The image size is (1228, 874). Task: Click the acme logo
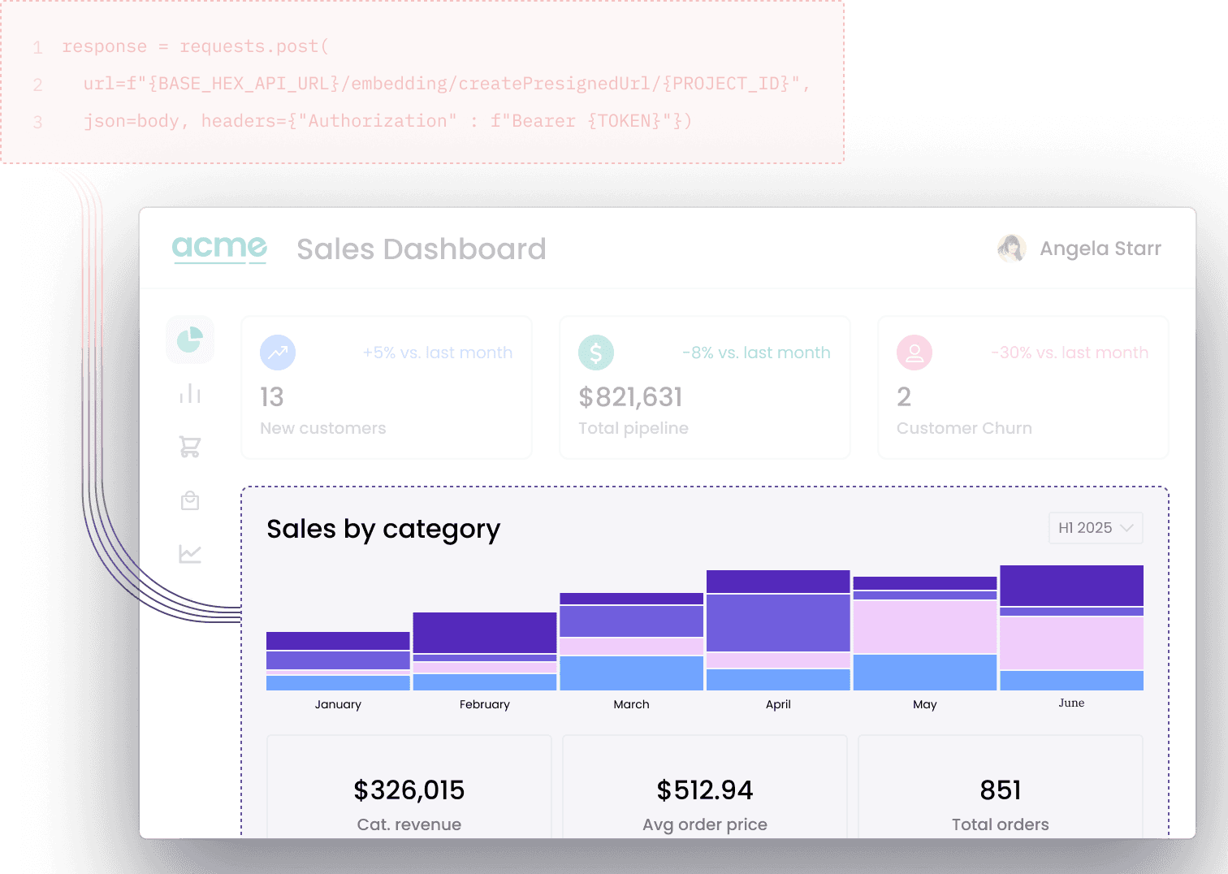pyautogui.click(x=219, y=247)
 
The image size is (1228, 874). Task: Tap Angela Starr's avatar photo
pyautogui.click(x=1011, y=249)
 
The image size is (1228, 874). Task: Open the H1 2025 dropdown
pyautogui.click(x=1095, y=528)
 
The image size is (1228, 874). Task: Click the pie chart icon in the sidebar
pyautogui.click(x=190, y=340)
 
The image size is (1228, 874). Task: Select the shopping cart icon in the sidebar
pyautogui.click(x=190, y=447)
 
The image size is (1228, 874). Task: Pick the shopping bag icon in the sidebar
pyautogui.click(x=190, y=500)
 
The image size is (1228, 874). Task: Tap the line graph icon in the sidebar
pyautogui.click(x=190, y=554)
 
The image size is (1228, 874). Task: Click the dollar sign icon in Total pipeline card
pyautogui.click(x=596, y=353)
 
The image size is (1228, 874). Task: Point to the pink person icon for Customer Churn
pyautogui.click(x=915, y=353)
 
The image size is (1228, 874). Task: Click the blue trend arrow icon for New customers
pyautogui.click(x=278, y=353)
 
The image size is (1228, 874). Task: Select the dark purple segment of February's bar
pyautogui.click(x=485, y=633)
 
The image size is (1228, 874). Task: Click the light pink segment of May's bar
pyautogui.click(x=925, y=626)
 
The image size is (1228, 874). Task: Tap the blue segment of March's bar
pyautogui.click(x=631, y=673)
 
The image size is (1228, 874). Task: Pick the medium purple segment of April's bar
pyautogui.click(x=778, y=622)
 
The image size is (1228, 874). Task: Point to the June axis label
pyautogui.click(x=1071, y=703)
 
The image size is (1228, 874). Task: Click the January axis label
pyautogui.click(x=338, y=704)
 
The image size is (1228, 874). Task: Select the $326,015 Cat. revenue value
pyautogui.click(x=409, y=790)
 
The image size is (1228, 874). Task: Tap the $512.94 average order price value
pyautogui.click(x=705, y=790)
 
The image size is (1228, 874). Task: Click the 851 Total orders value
pyautogui.click(x=1001, y=790)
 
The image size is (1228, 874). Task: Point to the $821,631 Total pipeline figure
pyautogui.click(x=630, y=397)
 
